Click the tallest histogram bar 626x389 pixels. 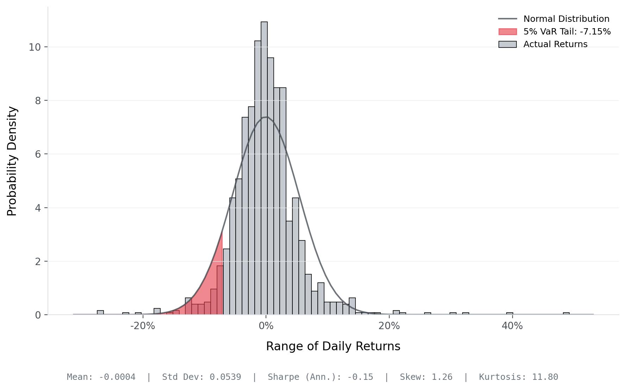click(264, 169)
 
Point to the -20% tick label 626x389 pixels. click(143, 326)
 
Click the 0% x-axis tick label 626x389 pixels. click(266, 326)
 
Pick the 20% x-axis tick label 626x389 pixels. click(389, 326)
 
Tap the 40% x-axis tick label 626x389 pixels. click(512, 326)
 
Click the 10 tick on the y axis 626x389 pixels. click(35, 47)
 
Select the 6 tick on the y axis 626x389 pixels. click(38, 154)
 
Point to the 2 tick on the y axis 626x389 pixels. click(38, 262)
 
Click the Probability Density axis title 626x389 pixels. click(12, 161)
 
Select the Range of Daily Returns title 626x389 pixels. click(333, 346)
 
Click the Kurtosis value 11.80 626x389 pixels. click(545, 377)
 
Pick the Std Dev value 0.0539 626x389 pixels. click(225, 377)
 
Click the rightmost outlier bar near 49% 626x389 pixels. click(566, 313)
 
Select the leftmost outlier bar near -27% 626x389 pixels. click(100, 313)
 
